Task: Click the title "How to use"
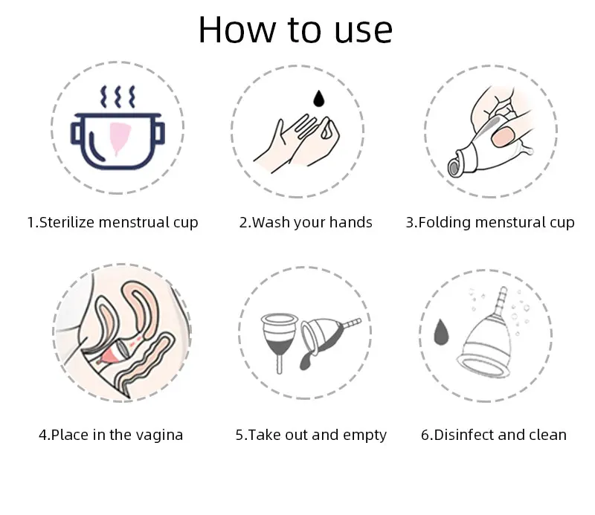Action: [x=295, y=30]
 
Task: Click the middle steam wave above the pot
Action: [x=118, y=97]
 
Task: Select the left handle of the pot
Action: [x=76, y=133]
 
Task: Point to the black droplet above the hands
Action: [x=319, y=98]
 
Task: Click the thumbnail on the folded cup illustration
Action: [x=503, y=137]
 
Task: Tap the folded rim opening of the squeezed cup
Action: [x=454, y=164]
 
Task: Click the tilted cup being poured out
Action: [x=327, y=336]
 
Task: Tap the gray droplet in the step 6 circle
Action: [x=441, y=332]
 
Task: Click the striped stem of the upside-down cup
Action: [x=501, y=299]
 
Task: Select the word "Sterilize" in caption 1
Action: [x=66, y=222]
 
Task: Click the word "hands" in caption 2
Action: [x=350, y=222]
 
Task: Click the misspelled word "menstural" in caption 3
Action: [x=510, y=222]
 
